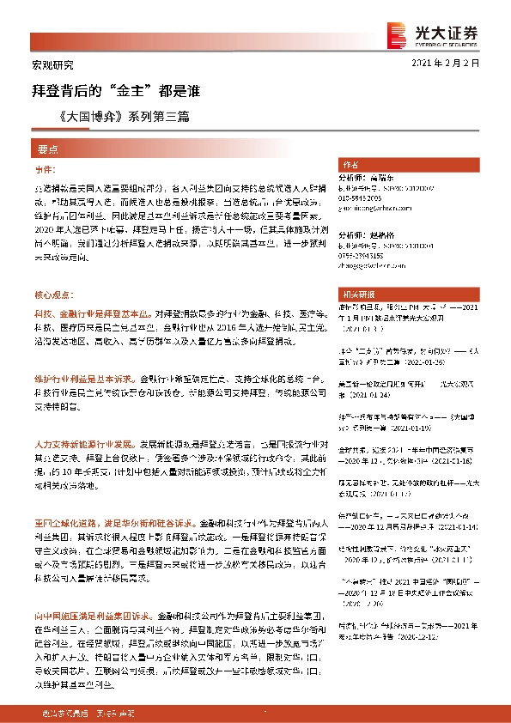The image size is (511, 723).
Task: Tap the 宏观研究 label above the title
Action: (x=47, y=65)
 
